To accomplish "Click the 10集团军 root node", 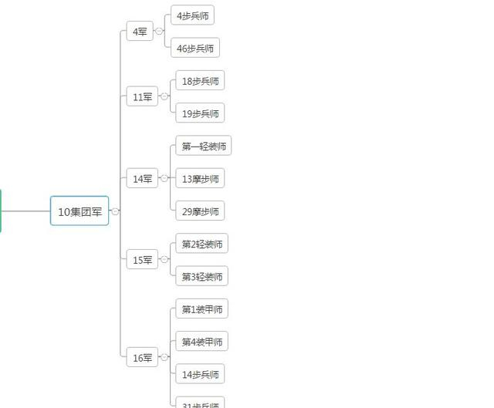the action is [80, 211].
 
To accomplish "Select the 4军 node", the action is [140, 32].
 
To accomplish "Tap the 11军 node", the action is [142, 97].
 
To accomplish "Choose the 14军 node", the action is [142, 179].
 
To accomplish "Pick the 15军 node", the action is [142, 260].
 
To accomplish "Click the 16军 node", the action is [142, 357].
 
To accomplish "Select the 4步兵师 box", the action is [192, 15].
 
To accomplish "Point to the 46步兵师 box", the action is [195, 48].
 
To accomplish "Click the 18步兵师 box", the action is [200, 81].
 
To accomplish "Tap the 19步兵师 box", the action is [200, 113].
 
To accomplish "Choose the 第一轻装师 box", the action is [203, 147].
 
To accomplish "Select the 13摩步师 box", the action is [200, 179].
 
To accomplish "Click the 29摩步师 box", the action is [200, 211].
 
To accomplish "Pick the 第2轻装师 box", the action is [201, 244].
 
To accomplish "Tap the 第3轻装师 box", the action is [201, 277].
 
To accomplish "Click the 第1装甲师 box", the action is [201, 309].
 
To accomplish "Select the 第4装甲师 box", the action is [201, 342].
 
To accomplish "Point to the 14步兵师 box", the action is [200, 375].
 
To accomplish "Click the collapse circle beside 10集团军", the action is [115, 211].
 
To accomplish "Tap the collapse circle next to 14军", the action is [164, 179].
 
